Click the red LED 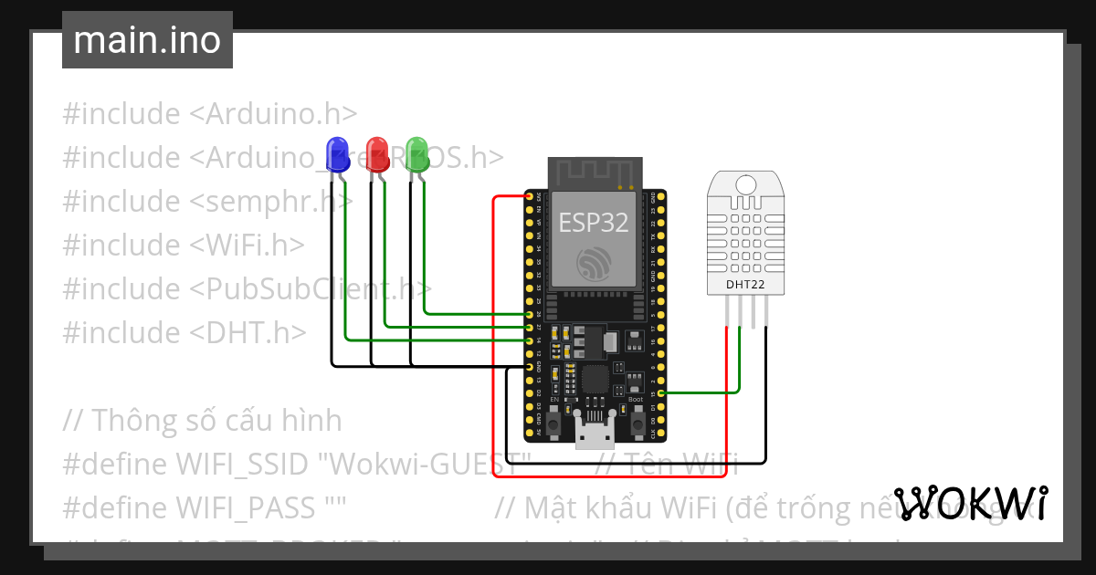click(376, 152)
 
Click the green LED click(416, 152)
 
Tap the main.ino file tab click(147, 40)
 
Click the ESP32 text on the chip click(594, 223)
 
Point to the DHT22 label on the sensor click(746, 284)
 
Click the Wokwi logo click(970, 503)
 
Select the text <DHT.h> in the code click(248, 332)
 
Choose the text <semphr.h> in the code click(270, 201)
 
